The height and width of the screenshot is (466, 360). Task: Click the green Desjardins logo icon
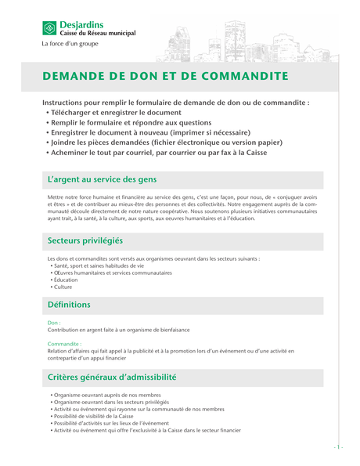pyautogui.click(x=50, y=29)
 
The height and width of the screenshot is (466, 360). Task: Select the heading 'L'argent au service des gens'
pyautogui.click(x=102, y=179)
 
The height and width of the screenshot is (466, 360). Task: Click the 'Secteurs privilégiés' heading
pyautogui.click(x=85, y=240)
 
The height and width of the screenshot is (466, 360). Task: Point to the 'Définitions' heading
pyautogui.click(x=69, y=304)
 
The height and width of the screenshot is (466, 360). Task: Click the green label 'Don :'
pyautogui.click(x=54, y=323)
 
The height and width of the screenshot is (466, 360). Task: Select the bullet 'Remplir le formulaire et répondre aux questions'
pyautogui.click(x=131, y=123)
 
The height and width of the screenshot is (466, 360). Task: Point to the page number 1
pyautogui.click(x=338, y=446)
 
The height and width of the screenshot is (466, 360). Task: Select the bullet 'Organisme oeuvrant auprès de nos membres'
pyautogui.click(x=107, y=395)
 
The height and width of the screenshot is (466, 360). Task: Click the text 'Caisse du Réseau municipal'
pyautogui.click(x=98, y=34)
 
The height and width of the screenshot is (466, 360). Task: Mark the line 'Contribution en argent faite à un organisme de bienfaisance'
pyautogui.click(x=113, y=330)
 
